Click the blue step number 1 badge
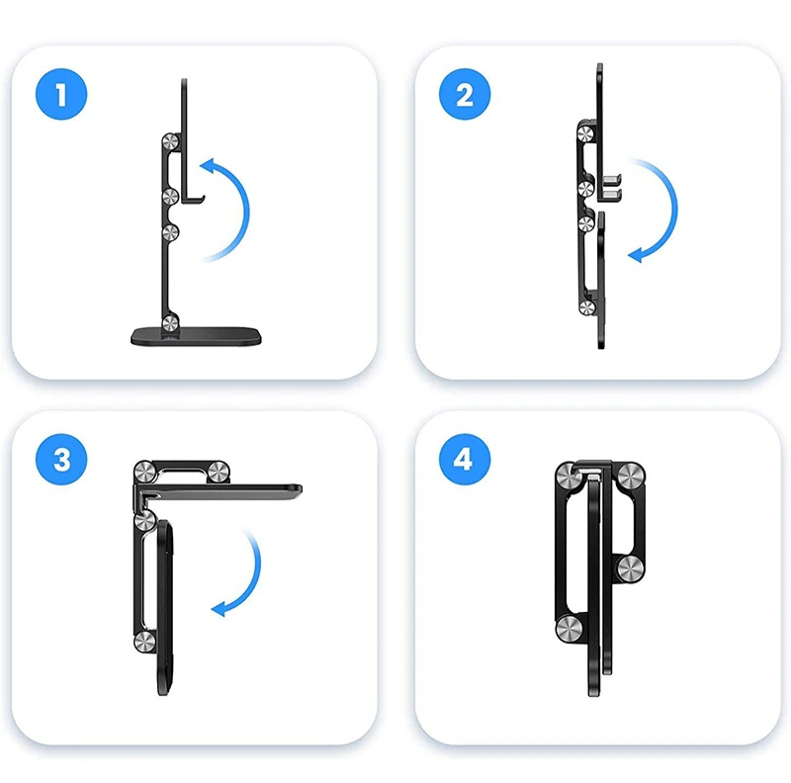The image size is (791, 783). (x=61, y=94)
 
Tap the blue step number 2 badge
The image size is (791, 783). (x=465, y=94)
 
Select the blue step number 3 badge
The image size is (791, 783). (x=61, y=459)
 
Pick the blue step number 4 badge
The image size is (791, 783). (x=465, y=459)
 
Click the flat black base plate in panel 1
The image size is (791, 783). (x=196, y=336)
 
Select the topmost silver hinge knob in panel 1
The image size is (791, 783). (x=170, y=141)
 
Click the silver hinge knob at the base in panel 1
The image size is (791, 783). (x=170, y=322)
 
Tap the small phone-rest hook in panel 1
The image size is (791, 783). (x=192, y=201)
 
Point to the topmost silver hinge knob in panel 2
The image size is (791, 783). (x=585, y=134)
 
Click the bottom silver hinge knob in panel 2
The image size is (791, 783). (x=586, y=307)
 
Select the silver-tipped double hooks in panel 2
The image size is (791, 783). (x=611, y=187)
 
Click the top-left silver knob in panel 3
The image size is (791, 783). (x=143, y=472)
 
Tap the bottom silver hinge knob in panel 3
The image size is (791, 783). (x=144, y=642)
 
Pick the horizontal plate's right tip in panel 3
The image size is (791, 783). (x=302, y=488)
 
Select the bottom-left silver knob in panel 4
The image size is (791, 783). (x=569, y=629)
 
